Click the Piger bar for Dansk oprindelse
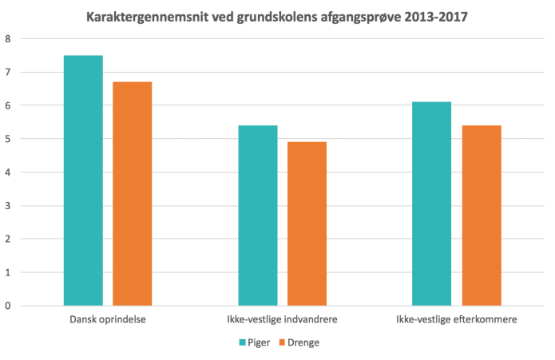83,180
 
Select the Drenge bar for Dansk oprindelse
133,193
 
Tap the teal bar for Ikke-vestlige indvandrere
258,216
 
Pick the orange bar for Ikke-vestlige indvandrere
307,224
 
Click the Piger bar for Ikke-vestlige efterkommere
432,204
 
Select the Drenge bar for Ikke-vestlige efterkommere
482,216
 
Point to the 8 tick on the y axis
7,39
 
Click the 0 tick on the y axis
7,306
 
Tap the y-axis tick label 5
7,139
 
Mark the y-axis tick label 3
7,206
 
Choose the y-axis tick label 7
7,73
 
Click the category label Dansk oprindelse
108,320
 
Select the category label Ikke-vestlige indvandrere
282,320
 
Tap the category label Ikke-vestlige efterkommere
457,320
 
